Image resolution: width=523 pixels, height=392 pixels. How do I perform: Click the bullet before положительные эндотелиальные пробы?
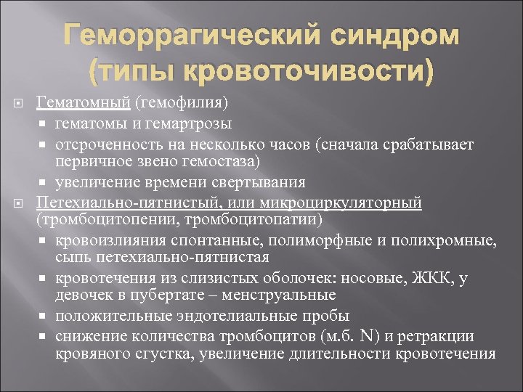(44, 316)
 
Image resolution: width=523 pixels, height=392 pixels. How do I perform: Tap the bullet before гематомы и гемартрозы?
(44, 126)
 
